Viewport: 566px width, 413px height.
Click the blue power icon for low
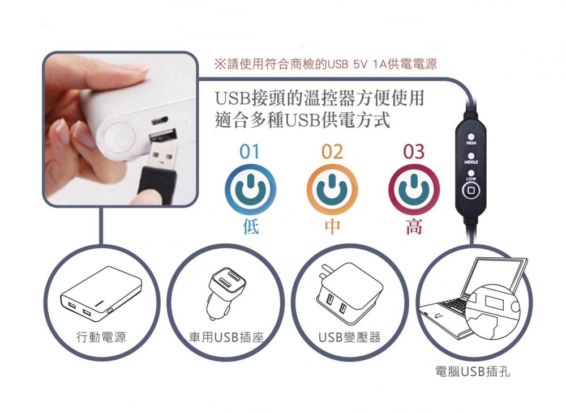click(250, 189)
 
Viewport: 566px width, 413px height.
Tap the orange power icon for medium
click(332, 189)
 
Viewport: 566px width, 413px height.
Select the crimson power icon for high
click(414, 189)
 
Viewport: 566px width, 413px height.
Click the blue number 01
click(250, 152)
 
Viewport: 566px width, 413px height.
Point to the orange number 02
click(332, 152)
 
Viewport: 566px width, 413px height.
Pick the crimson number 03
click(414, 152)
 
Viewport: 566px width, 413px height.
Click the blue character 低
click(251, 227)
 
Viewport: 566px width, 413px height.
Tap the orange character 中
click(332, 227)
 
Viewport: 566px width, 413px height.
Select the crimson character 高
click(414, 227)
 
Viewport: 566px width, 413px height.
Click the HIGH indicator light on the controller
click(471, 137)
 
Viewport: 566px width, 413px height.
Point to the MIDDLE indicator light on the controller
click(471, 156)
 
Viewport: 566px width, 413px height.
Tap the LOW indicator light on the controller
click(471, 173)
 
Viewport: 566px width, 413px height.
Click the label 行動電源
click(101, 337)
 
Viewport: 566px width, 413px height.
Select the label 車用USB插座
click(226, 337)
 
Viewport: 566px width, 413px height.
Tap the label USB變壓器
click(349, 337)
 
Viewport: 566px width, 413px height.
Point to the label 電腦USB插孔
click(473, 371)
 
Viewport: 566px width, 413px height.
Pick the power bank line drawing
click(101, 294)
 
